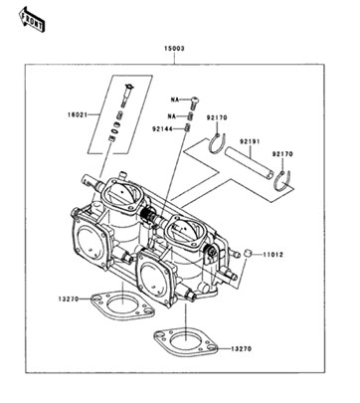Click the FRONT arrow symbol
tap(32, 20)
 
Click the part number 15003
tap(174, 49)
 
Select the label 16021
tap(78, 115)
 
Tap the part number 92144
tap(162, 129)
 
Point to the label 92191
tap(250, 141)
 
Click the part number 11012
tap(273, 255)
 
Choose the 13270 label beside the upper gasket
tap(69, 299)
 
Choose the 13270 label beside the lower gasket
tap(242, 348)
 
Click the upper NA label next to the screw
tap(175, 100)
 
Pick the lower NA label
tap(172, 116)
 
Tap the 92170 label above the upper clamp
tap(217, 117)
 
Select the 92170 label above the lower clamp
tap(282, 154)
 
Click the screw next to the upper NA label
tap(195, 102)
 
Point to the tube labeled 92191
tap(250, 164)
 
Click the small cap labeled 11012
tap(247, 254)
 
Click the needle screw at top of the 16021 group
tap(127, 96)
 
